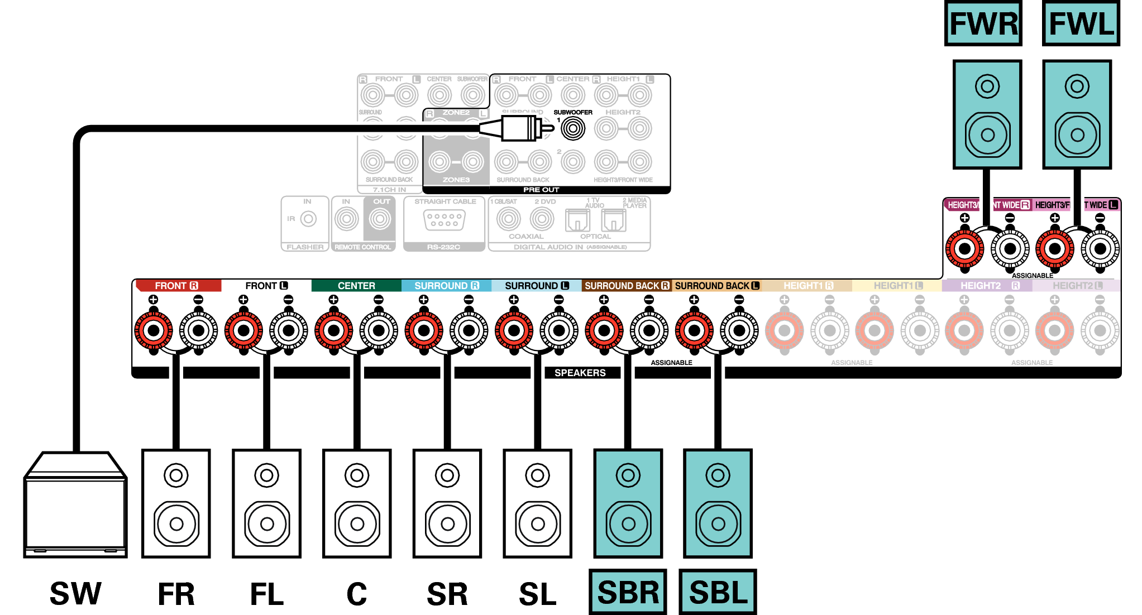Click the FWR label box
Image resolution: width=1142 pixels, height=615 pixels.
tap(983, 23)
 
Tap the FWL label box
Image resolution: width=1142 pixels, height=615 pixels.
tap(1081, 23)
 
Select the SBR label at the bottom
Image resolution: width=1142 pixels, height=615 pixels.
tap(628, 592)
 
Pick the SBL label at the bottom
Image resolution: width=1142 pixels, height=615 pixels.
tap(718, 592)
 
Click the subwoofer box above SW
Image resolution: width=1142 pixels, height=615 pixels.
tap(75, 505)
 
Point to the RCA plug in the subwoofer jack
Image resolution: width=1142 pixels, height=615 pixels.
tap(519, 128)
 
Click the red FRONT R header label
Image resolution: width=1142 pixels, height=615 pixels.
tap(177, 286)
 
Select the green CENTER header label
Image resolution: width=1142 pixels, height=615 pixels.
tap(356, 286)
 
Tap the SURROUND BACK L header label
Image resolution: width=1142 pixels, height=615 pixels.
tap(717, 286)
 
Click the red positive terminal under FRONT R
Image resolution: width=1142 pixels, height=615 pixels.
tap(154, 330)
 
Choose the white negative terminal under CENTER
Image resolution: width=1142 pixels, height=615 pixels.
tap(379, 330)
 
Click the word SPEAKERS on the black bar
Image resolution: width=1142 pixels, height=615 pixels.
tap(580, 373)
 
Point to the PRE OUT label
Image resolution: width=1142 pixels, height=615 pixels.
tap(541, 190)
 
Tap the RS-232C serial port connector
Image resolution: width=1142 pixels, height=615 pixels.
tap(444, 220)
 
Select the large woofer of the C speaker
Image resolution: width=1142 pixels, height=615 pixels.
tap(357, 524)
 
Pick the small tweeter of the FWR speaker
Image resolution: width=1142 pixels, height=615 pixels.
tap(987, 87)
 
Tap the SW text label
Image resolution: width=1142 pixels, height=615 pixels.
tap(75, 593)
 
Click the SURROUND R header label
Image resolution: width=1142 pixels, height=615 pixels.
tap(446, 286)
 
